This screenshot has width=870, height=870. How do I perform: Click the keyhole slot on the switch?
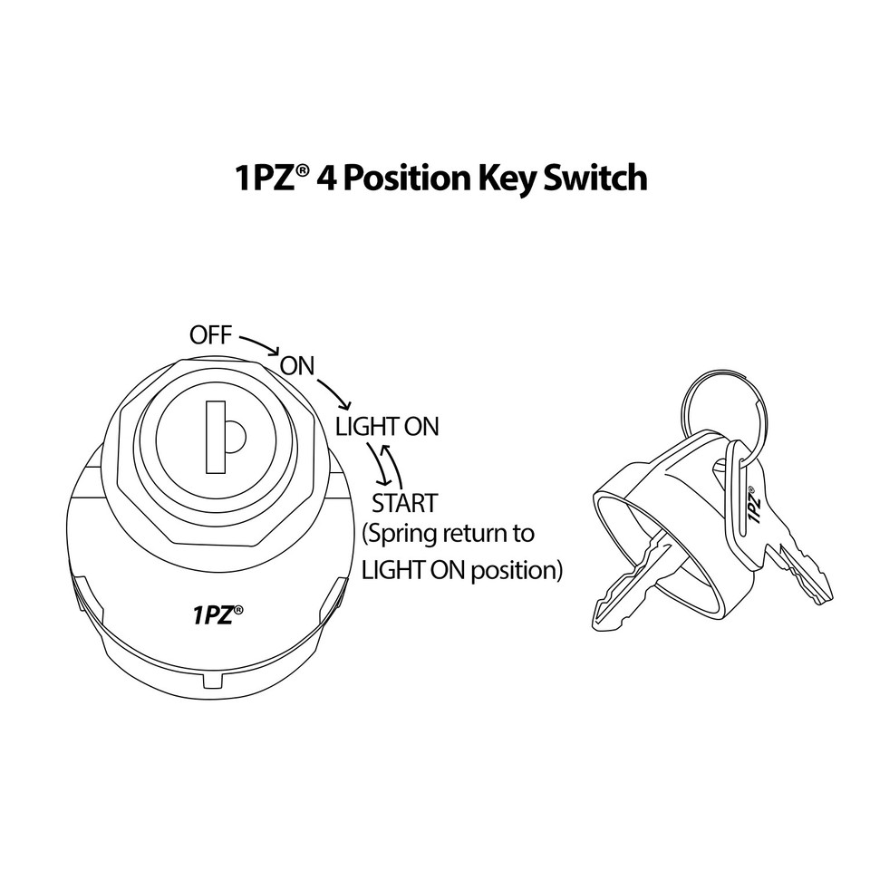tap(215, 439)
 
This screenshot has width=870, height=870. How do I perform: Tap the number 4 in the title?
tap(329, 178)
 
